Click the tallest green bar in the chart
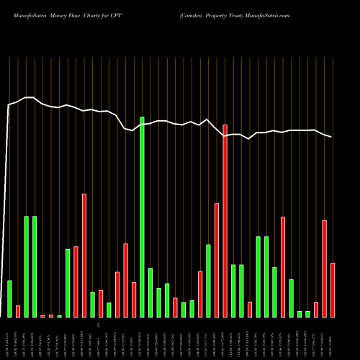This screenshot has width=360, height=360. pos(142,217)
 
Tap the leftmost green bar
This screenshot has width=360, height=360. pos(10,299)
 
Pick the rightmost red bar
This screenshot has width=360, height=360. pos(333,290)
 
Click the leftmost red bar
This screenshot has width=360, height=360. pos(18,311)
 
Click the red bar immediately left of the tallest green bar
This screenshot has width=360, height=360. pos(134,300)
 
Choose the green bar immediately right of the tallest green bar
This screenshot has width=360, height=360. pos(150,292)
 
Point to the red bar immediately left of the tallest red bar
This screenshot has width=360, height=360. pos(217,260)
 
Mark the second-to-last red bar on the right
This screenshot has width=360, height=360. pos(325,269)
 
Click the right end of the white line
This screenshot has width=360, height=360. pos(332,137)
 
